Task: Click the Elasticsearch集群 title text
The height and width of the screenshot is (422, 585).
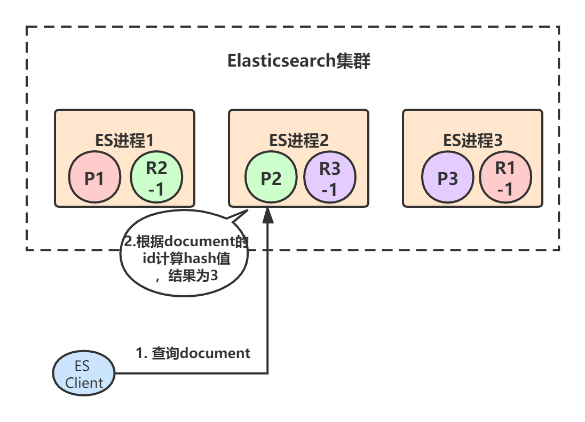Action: tap(298, 61)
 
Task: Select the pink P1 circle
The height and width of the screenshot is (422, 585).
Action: tap(94, 177)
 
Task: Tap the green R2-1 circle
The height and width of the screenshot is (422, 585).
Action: tap(156, 177)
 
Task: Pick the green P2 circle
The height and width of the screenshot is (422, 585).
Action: tap(271, 177)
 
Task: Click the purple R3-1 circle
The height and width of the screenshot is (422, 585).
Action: tap(329, 177)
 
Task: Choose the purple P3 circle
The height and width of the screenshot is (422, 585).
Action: tap(447, 177)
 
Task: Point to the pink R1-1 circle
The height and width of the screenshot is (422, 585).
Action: tap(505, 177)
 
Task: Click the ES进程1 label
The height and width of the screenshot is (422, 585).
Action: tap(124, 140)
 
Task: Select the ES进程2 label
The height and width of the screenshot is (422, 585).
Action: tap(298, 140)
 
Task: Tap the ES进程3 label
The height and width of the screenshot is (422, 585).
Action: tap(472, 140)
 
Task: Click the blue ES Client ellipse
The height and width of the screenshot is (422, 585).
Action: tap(84, 374)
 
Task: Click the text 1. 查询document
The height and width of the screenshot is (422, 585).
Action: tap(193, 353)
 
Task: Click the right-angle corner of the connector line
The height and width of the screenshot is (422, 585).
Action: tap(267, 373)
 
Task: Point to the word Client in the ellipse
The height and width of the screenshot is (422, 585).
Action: tap(84, 382)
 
